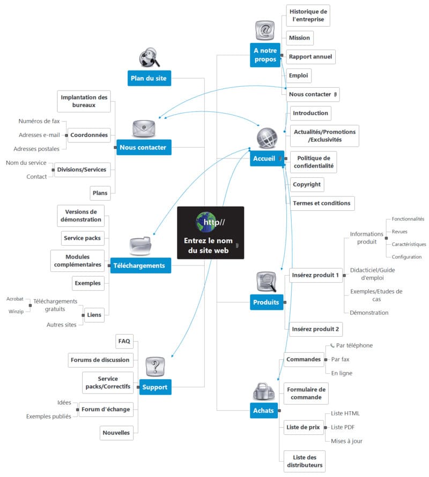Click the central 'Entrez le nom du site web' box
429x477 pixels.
210,236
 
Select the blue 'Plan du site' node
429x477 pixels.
149,78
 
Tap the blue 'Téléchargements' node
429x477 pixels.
139,266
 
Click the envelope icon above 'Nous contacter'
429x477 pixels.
144,128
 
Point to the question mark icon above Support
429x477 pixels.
156,367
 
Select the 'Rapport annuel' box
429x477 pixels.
310,57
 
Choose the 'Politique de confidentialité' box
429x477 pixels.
314,162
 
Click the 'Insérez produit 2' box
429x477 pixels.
315,329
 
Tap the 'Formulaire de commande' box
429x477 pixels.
306,393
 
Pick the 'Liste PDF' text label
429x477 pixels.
343,427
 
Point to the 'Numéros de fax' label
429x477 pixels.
39,122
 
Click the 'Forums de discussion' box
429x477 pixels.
100,360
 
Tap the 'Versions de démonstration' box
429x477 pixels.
80,216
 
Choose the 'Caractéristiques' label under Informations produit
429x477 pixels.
408,244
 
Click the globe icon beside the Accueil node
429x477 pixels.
267,138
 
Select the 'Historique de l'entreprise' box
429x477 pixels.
308,16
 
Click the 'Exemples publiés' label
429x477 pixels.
48,416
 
